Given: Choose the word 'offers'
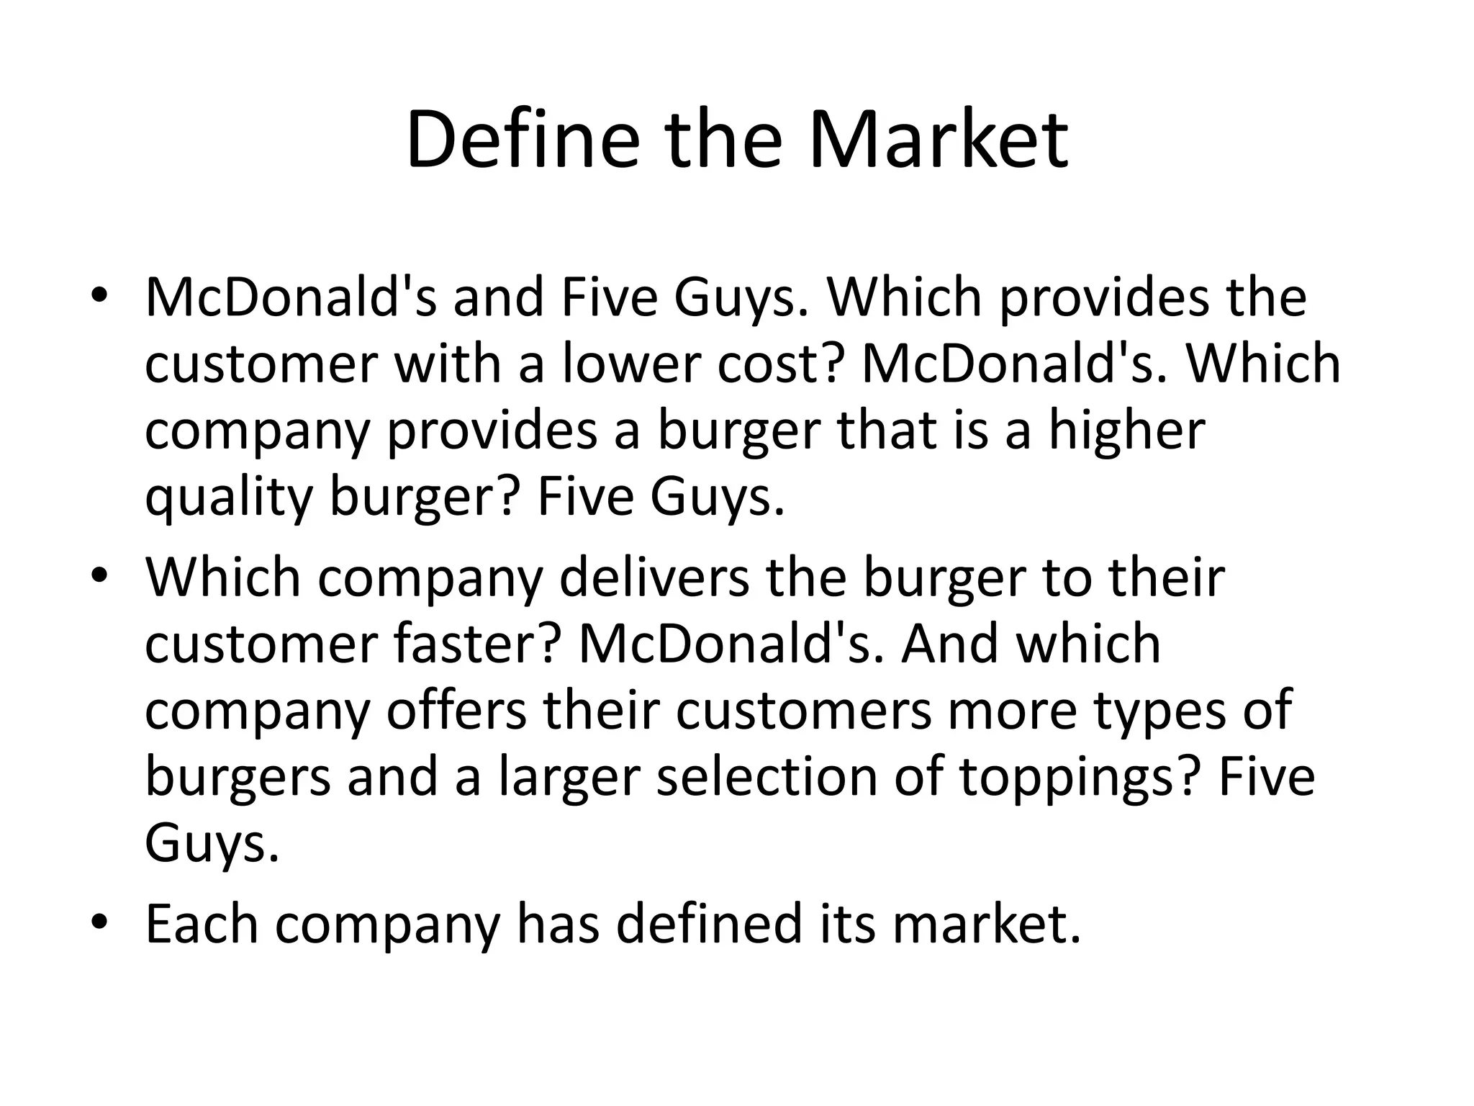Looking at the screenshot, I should click(x=457, y=709).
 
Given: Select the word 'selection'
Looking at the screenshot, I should click(x=767, y=776).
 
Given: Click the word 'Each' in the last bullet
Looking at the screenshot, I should click(x=202, y=924).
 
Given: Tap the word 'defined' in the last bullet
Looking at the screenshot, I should click(x=709, y=924).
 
